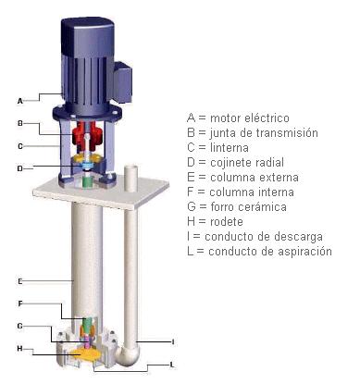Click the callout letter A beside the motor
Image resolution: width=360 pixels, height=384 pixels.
pyautogui.click(x=20, y=101)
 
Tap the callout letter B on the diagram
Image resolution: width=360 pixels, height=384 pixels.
pyautogui.click(x=20, y=123)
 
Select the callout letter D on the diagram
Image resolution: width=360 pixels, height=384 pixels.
pyautogui.click(x=20, y=168)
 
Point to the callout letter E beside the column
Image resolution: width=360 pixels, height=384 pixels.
pyautogui.click(x=20, y=281)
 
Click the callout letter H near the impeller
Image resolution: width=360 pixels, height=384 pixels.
pyautogui.click(x=20, y=349)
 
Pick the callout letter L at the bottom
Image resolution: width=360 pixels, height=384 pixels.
pyautogui.click(x=172, y=365)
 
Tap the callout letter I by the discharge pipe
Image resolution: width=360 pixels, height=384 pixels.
pyautogui.click(x=173, y=341)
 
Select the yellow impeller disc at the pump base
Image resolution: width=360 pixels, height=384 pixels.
pyautogui.click(x=84, y=355)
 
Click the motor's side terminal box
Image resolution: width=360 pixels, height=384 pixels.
pyautogui.click(x=123, y=81)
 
